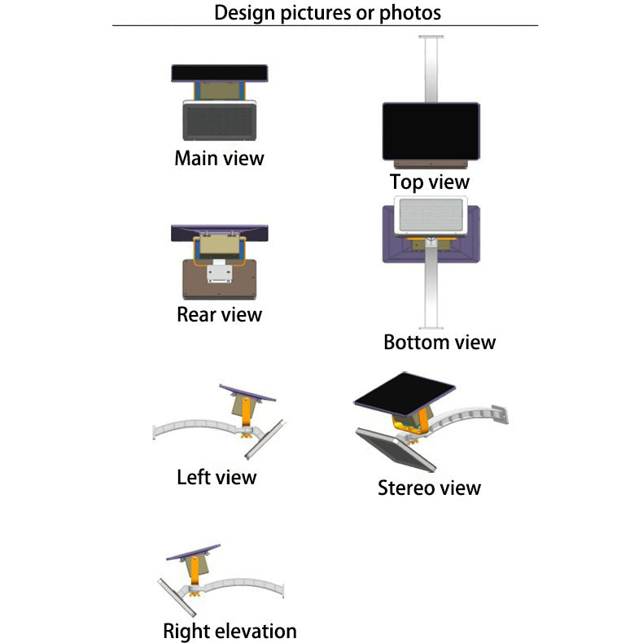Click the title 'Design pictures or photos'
pyautogui.click(x=327, y=13)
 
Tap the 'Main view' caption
pyautogui.click(x=219, y=157)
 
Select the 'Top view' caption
pyautogui.click(x=429, y=182)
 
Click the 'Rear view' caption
pyautogui.click(x=219, y=313)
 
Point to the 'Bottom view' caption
pyautogui.click(x=439, y=342)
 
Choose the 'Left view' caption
pyautogui.click(x=217, y=476)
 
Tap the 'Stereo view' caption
pyautogui.click(x=429, y=488)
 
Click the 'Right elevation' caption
pyautogui.click(x=230, y=631)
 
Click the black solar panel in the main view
pyautogui.click(x=220, y=73)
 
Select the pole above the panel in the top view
pyautogui.click(x=430, y=69)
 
